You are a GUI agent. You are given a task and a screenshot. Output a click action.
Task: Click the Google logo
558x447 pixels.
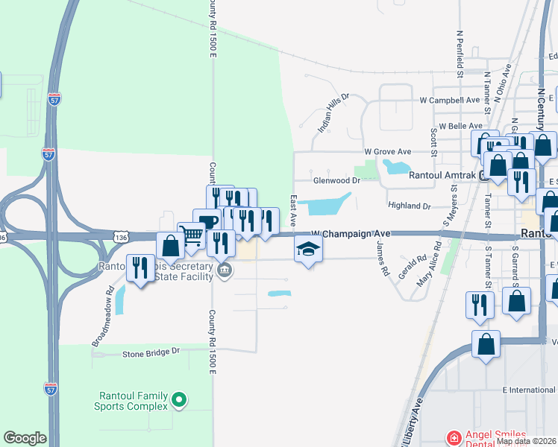point(25,438)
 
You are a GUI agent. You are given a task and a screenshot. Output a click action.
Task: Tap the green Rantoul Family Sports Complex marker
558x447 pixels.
point(178,401)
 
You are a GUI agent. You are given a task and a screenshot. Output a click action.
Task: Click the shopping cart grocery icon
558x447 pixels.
point(192,236)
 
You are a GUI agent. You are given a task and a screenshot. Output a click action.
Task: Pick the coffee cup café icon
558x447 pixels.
point(207,222)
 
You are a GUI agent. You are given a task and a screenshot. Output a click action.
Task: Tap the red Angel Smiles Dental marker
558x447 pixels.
point(452,437)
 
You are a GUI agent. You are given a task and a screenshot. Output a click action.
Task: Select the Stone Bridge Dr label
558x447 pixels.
point(151,351)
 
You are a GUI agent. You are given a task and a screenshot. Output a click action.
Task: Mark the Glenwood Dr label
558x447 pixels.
point(336,180)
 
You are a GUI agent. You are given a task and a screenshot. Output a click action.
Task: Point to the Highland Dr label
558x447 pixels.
point(410,205)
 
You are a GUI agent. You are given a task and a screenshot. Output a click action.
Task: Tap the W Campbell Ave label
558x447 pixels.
point(449,99)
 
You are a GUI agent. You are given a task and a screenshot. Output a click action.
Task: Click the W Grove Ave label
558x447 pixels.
point(388,151)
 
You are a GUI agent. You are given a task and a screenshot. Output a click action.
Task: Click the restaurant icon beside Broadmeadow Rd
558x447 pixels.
point(139,267)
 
